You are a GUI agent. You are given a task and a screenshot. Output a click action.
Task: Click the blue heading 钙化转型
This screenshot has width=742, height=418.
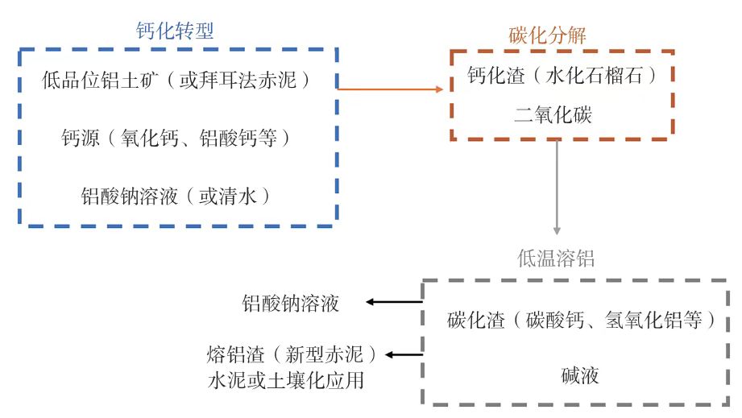175,31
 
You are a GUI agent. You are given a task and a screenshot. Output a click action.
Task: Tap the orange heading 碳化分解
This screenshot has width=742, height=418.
547,35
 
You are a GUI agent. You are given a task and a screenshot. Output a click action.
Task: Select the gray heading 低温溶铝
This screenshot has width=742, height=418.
556,259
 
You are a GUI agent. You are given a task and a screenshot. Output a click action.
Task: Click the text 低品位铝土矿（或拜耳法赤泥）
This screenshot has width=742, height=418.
176,81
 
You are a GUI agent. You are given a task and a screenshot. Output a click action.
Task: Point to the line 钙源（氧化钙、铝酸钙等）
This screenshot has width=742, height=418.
176,138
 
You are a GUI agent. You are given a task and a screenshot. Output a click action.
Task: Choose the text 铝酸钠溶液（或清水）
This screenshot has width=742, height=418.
175,196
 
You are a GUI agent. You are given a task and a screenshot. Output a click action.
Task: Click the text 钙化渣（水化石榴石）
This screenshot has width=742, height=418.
562,77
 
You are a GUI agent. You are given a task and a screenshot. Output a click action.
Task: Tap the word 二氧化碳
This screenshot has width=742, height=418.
553,114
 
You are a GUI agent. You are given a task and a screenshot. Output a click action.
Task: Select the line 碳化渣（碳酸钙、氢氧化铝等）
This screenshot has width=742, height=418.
582,320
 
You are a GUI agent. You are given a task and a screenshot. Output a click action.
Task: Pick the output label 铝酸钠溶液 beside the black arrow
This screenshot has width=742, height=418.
291,303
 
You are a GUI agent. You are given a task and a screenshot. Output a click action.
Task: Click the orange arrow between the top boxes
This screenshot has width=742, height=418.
391,88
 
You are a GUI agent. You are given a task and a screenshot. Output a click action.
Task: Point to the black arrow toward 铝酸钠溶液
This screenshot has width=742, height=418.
395,302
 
